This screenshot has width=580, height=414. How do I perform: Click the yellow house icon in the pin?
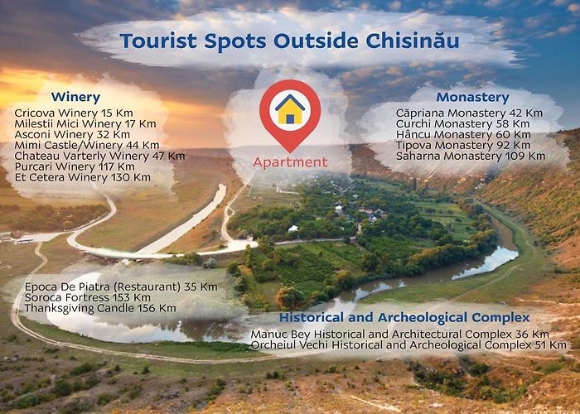pos(290,109)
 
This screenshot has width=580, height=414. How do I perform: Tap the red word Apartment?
pos(290,162)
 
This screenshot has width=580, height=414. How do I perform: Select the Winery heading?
pos(76,97)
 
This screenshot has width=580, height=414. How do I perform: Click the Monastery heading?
pos(473,97)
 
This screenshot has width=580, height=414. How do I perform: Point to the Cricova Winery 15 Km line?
pos(74,113)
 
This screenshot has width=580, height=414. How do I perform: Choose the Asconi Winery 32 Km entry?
pos(72,134)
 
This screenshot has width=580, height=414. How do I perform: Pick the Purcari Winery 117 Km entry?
pos(75,166)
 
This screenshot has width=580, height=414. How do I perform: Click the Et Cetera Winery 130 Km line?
pos(83,177)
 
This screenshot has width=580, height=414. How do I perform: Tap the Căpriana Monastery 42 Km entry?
pos(469,113)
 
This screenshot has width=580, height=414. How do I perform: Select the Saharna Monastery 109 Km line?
pos(471,156)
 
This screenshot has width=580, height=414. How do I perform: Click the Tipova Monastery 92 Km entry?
pos(463,145)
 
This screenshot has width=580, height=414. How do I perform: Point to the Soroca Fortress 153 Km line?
pos(87,297)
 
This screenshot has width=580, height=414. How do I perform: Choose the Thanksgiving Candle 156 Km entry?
pos(100,308)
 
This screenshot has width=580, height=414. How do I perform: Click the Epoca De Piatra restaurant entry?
pos(121,286)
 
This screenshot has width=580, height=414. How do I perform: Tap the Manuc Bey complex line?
pos(400,335)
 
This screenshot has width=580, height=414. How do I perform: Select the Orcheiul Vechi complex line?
pos(408,345)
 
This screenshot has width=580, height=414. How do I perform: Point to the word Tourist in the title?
pos(158,41)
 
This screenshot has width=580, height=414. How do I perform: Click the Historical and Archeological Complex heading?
pos(404,317)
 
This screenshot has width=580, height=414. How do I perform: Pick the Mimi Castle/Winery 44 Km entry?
pos(87,145)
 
